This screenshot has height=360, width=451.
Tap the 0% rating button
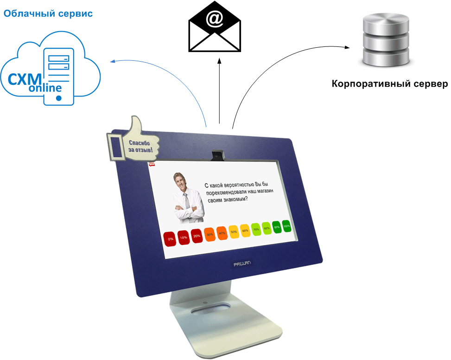(171, 238)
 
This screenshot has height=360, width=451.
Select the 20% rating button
(197, 236)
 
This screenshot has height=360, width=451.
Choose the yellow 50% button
(234, 231)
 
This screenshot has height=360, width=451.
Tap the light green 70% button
(256, 229)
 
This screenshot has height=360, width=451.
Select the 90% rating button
(277, 227)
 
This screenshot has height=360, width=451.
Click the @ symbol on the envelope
(214, 19)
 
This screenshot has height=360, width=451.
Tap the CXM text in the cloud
(25, 77)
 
